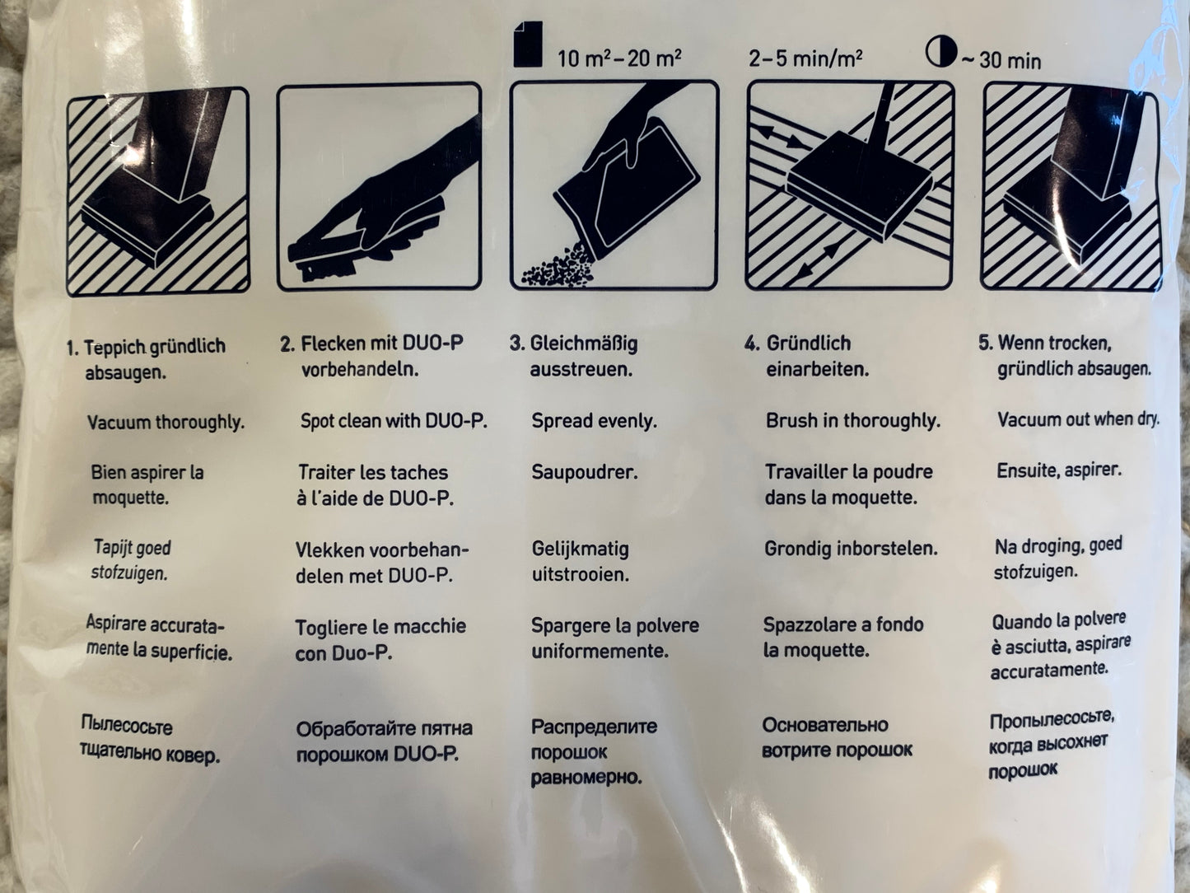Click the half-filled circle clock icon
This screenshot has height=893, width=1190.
tap(940, 53)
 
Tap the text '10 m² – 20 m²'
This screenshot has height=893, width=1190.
tap(619, 58)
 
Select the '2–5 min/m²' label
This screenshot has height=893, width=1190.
tap(805, 58)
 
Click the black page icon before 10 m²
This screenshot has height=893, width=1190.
tap(528, 44)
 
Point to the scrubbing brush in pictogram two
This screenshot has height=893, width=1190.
tap(325, 259)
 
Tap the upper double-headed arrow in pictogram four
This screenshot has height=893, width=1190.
tap(780, 138)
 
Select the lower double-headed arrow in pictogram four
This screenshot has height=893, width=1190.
tap(820, 261)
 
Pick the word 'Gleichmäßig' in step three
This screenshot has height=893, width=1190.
tap(584, 344)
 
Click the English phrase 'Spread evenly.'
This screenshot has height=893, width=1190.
tap(595, 421)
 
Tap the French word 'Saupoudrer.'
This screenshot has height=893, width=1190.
tap(585, 472)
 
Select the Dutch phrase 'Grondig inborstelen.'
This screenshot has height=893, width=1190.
tap(851, 549)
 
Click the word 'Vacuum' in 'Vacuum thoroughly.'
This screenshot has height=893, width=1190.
tap(119, 422)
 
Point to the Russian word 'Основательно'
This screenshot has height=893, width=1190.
tap(825, 724)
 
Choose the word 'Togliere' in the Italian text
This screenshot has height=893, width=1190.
tap(331, 628)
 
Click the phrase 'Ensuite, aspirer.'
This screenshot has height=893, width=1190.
tap(1059, 470)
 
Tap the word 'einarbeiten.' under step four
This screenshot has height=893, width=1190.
tap(817, 370)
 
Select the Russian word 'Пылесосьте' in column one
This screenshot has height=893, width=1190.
tap(127, 726)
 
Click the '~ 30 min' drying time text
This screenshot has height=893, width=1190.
tap(1001, 61)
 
